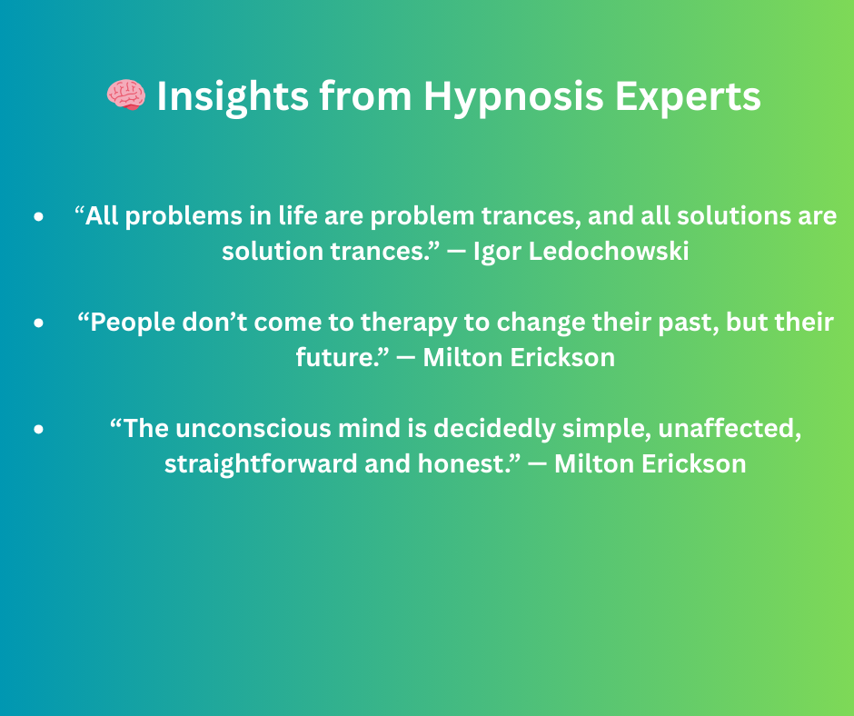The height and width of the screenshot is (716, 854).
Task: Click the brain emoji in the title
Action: click(125, 94)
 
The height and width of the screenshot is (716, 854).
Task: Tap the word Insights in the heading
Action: click(233, 97)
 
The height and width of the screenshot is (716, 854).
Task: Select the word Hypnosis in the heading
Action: click(513, 97)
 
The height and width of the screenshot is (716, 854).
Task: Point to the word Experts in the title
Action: click(688, 97)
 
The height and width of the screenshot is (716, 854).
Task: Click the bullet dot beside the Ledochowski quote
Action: click(38, 216)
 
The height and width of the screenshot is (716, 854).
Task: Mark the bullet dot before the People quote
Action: click(38, 323)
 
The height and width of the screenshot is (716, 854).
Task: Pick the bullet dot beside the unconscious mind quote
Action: click(38, 429)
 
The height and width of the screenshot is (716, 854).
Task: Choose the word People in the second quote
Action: click(133, 323)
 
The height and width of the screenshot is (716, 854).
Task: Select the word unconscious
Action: click(253, 429)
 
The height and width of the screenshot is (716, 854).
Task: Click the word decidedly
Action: click(494, 430)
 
